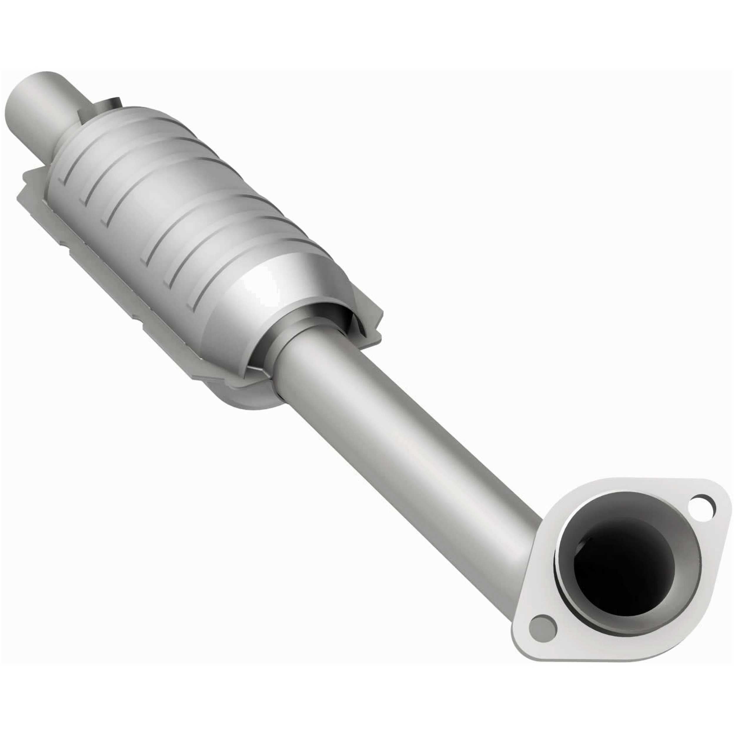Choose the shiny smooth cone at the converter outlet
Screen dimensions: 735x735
pyautogui.click(x=266, y=289)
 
